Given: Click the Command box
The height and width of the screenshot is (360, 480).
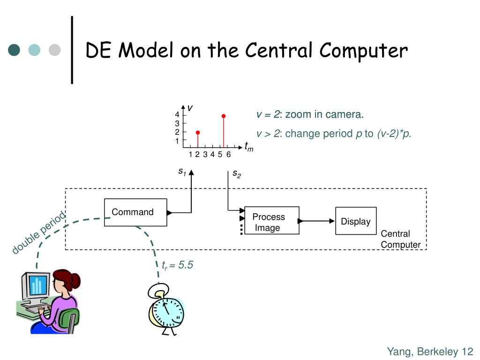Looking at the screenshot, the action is point(135,212).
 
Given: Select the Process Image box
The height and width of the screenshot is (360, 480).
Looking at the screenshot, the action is point(272,220).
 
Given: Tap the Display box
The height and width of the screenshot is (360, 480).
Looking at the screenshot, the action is point(356,221).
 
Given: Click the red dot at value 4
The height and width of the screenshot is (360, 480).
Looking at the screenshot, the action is point(224,116).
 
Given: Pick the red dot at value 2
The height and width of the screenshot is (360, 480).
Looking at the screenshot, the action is point(198,133).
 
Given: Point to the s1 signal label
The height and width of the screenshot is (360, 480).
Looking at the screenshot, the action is point(182,172).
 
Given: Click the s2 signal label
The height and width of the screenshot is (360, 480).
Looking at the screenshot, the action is point(237,174).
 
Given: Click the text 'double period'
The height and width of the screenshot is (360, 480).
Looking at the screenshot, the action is point(39,232).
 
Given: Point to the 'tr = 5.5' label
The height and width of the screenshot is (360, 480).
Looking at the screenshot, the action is point(177,265).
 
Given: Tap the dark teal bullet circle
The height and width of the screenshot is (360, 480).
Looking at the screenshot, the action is point(14,50).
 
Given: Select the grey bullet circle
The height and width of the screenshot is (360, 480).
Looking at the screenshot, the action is point(54,50).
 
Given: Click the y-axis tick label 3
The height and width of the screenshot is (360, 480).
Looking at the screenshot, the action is point(177,123).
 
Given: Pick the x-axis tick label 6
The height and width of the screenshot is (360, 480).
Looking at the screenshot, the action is point(228,155).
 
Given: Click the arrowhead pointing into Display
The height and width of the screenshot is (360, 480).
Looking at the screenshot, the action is point(332,221).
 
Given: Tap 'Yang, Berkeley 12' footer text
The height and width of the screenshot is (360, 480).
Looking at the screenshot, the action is point(430,352).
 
